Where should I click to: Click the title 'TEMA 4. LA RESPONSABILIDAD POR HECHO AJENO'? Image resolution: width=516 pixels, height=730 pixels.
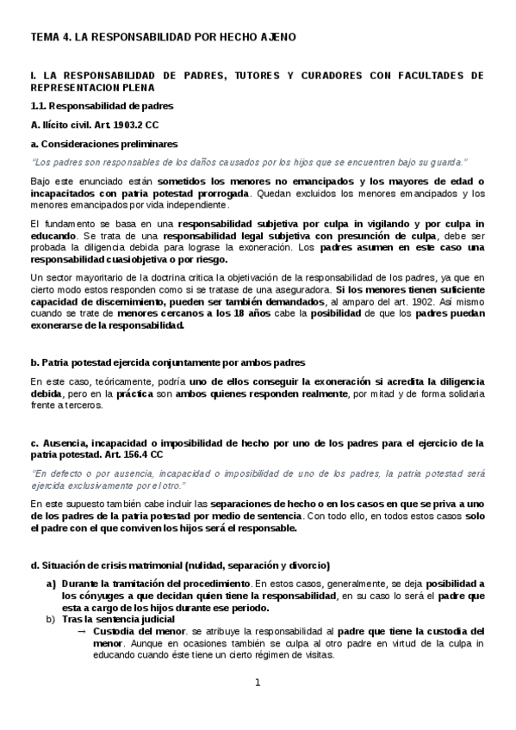(164, 37)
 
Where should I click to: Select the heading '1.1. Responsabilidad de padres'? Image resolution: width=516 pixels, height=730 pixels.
(102, 106)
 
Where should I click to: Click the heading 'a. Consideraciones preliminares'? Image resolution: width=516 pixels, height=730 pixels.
(104, 144)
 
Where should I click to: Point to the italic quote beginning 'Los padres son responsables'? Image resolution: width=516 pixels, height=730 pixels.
(248, 162)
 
